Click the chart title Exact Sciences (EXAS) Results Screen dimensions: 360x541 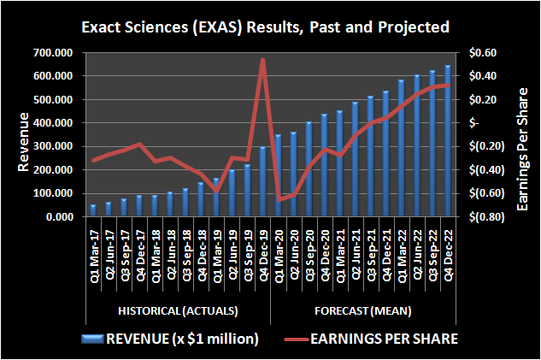tap(270, 27)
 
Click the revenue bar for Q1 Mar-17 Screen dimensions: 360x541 tap(92, 211)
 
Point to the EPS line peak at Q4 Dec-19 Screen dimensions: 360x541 tap(262, 60)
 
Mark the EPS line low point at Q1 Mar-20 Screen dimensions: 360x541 tap(278, 199)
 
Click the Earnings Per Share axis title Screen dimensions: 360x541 tap(523, 135)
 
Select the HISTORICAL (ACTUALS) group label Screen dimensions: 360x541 tap(177, 310)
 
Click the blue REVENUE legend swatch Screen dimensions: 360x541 tap(91, 339)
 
